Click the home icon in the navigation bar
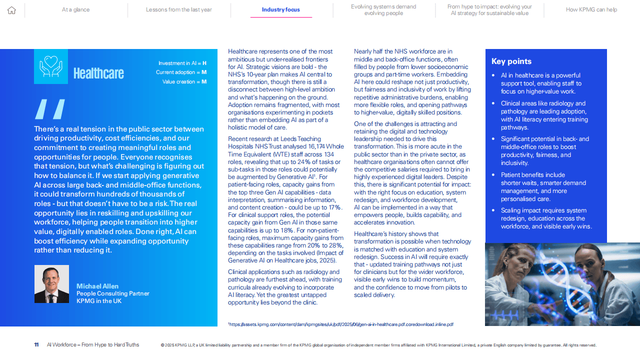[12, 10]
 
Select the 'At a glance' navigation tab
[76, 9]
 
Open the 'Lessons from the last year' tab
[179, 9]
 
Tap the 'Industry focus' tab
[281, 9]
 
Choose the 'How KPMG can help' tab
[591, 9]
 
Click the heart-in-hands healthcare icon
[51, 66]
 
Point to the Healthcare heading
[98, 73]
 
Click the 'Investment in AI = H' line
[182, 63]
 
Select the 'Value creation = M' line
[184, 81]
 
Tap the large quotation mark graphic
[50, 109]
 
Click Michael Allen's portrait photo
[51, 284]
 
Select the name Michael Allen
[97, 286]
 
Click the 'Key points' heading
[511, 61]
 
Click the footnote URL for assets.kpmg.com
[340, 324]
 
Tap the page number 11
[36, 345]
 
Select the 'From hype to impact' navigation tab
[489, 10]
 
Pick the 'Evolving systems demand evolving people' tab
[383, 10]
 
